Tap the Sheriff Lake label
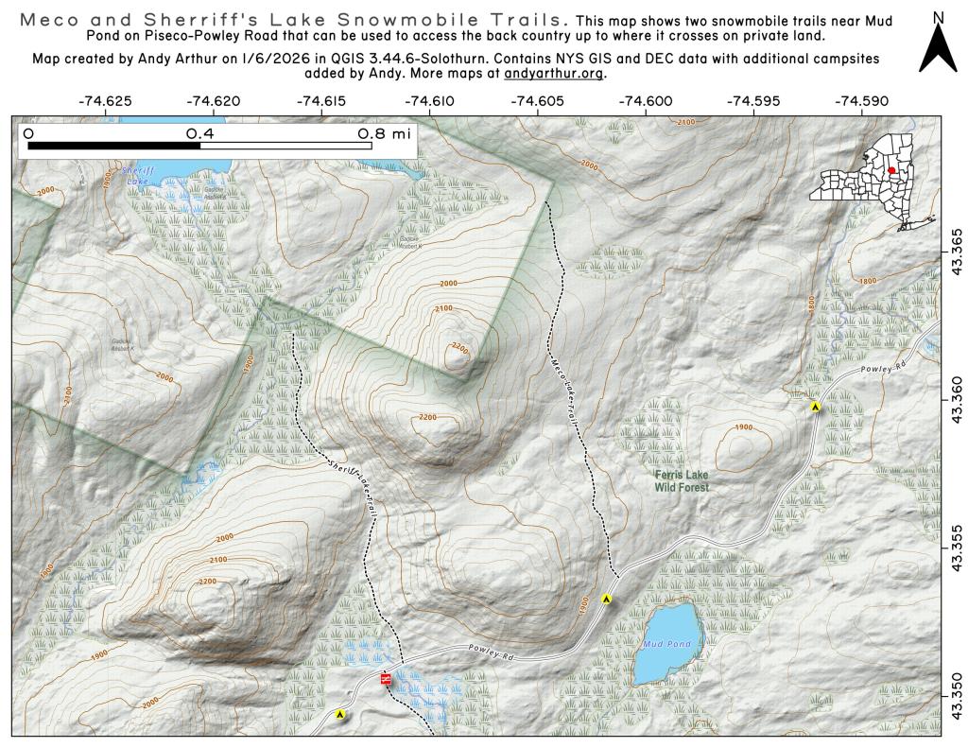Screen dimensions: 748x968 tap(136, 175)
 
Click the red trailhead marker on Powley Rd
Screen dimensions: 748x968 tap(385, 679)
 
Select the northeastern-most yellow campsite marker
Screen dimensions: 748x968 tap(815, 407)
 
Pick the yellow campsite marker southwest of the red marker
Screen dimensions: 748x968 tap(340, 715)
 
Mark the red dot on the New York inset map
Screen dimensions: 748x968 tap(891, 171)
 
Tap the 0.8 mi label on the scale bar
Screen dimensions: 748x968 tap(383, 134)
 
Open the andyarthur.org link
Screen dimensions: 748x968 tap(555, 73)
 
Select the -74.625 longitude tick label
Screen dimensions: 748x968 tap(106, 99)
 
